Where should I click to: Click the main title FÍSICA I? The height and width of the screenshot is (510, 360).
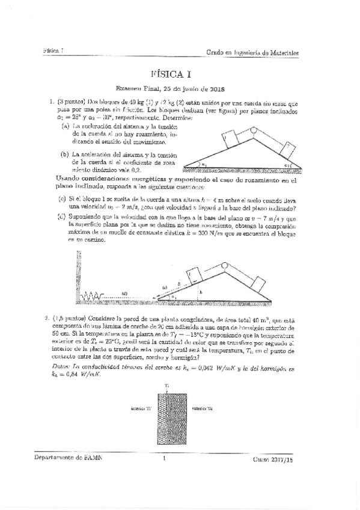tap(180, 74)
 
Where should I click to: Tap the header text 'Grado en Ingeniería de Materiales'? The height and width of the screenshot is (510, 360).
tap(252, 53)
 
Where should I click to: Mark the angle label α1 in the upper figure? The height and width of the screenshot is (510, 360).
tap(204, 162)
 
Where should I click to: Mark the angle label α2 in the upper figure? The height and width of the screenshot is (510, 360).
tap(288, 162)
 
